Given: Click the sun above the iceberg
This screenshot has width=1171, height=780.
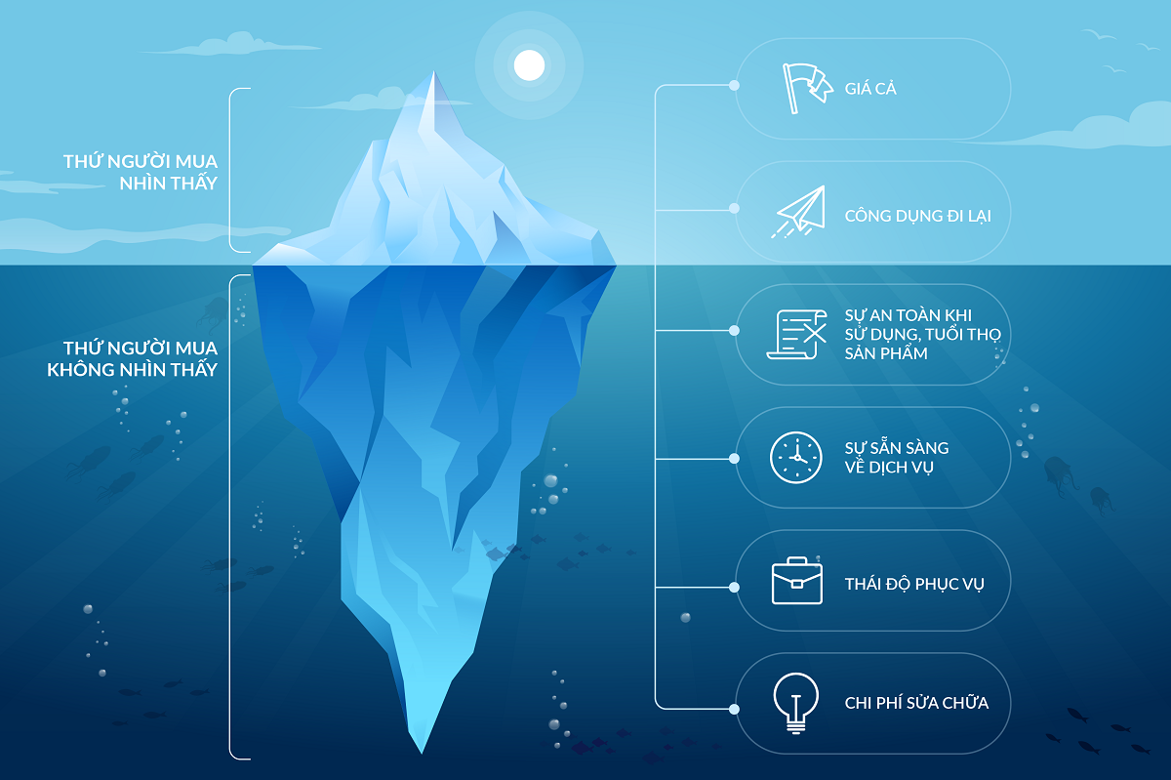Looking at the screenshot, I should click(529, 64).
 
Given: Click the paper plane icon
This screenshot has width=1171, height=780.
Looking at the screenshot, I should click(798, 211).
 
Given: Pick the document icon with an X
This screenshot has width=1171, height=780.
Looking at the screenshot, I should click(796, 334).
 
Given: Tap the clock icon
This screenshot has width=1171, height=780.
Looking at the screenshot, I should click(796, 457).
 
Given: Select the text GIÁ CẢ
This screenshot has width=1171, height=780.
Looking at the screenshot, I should click(870, 90).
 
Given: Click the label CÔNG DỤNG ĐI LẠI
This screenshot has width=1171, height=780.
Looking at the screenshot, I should click(917, 216).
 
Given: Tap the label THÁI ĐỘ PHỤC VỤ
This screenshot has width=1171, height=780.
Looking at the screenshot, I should click(914, 585).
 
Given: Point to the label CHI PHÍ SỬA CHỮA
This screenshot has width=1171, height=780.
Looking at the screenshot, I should click(916, 703).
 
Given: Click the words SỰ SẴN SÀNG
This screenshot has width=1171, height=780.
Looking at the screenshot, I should click(896, 448).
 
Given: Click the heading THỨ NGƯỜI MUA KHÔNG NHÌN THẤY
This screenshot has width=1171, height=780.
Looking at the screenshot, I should click(132, 358).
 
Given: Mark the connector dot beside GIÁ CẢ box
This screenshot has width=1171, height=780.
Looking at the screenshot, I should click(734, 86).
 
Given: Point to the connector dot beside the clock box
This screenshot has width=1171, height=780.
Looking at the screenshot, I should click(734, 456).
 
